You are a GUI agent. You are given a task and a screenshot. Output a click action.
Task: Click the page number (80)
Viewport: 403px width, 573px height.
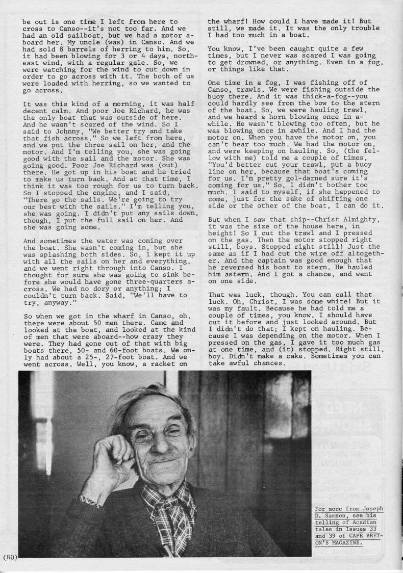coord(10,557)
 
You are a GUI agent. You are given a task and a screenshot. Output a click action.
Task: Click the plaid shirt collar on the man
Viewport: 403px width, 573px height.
coord(173,502)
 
